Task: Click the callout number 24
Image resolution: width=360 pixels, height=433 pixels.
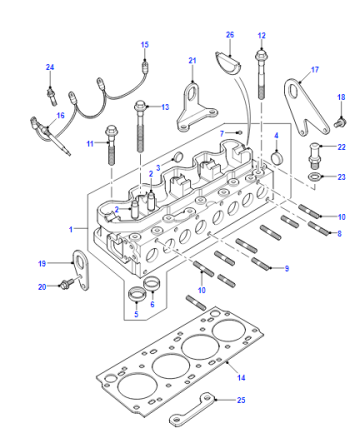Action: click(50, 67)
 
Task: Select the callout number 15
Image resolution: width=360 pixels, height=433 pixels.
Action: click(145, 45)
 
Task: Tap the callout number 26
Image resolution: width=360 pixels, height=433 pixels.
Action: click(230, 35)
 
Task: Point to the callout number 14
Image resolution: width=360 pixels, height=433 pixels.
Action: click(241, 377)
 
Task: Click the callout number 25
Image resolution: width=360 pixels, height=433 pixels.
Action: click(241, 400)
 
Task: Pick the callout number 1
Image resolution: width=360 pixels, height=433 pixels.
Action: click(71, 229)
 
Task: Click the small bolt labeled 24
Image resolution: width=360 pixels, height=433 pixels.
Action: click(51, 96)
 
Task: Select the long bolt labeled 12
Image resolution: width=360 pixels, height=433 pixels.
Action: click(261, 75)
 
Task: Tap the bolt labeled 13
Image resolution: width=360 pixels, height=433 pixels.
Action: click(140, 127)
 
